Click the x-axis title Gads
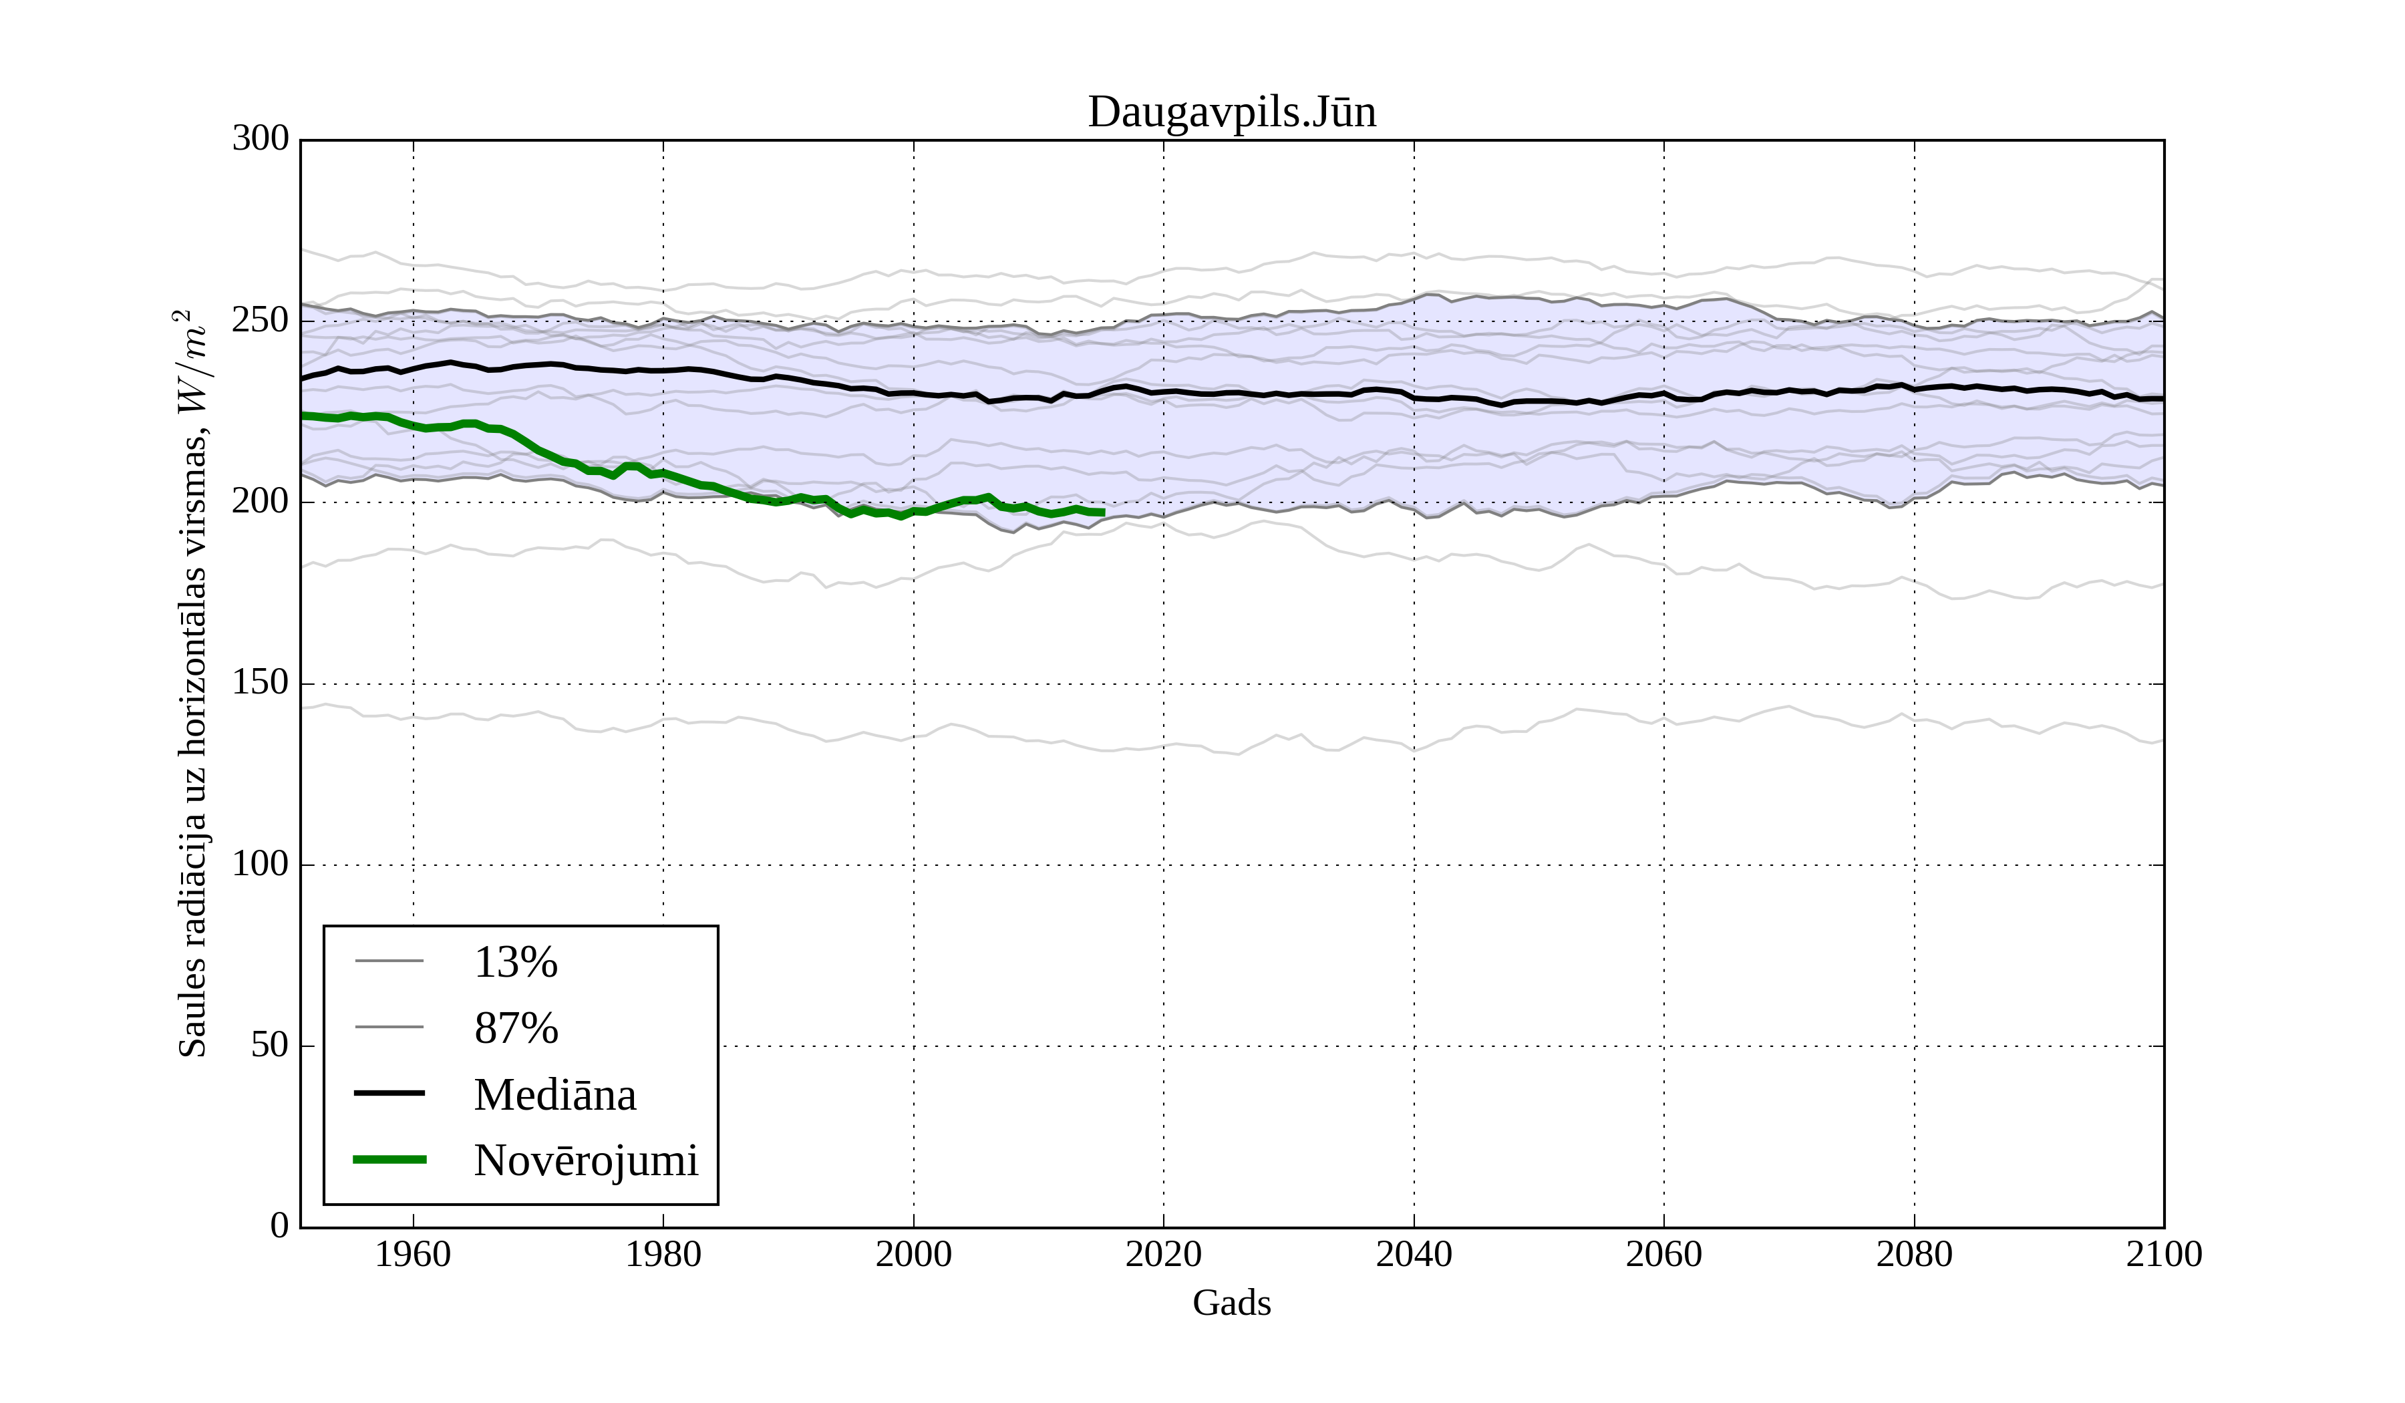1231,1303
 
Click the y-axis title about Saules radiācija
193,683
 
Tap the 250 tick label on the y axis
261,321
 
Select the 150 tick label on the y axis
261,683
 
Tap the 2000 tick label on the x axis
913,1254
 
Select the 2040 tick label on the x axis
1414,1254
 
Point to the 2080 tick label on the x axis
1913,1254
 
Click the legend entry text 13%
515,962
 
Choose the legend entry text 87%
515,1028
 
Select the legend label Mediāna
554,1095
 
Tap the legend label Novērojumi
586,1160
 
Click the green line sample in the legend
389,1160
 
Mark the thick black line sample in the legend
389,1093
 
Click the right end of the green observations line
1103,512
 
